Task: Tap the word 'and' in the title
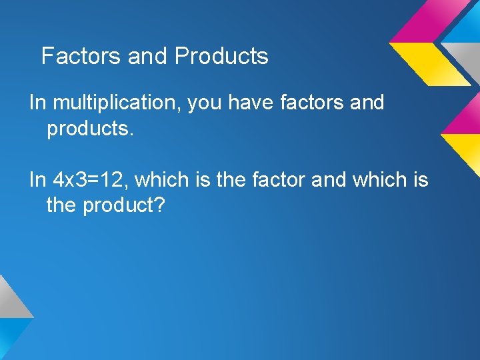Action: pos(147,56)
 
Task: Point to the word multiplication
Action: pos(116,103)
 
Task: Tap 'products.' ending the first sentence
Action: pos(91,129)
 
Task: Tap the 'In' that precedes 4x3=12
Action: pos(37,180)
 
